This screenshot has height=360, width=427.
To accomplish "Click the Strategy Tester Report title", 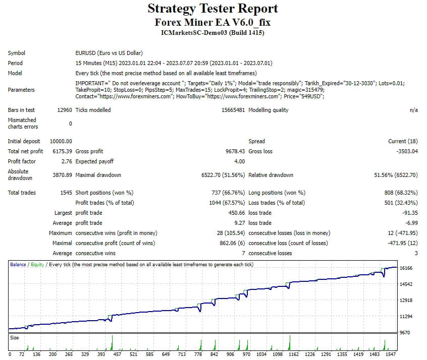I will coord(212,9).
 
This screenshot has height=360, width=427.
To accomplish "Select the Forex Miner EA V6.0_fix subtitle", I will coord(212,22).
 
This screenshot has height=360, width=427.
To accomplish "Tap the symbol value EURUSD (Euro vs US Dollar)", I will coord(109,53).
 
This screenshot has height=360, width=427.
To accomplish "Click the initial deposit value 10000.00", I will coord(61,141).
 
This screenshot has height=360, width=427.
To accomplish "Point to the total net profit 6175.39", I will coord(61,151).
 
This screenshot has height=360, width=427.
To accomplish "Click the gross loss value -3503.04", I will coord(406,151).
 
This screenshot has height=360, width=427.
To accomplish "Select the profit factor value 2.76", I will coord(66,161).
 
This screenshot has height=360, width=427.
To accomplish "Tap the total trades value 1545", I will coord(65,193).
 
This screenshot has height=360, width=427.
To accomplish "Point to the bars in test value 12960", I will coord(65,110).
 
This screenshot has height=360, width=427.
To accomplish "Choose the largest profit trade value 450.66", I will coord(236,213).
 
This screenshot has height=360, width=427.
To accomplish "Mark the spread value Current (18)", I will coord(403,141).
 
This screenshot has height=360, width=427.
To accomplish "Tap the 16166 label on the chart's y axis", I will coord(406,268).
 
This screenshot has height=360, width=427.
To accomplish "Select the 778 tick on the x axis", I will coord(198,354).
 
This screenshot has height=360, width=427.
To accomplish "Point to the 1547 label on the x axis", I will coord(390,354).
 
